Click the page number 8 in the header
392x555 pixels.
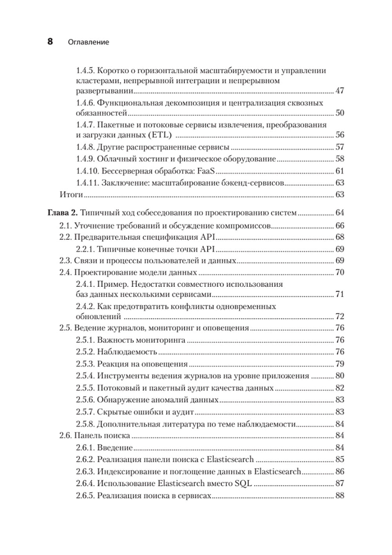[50, 42]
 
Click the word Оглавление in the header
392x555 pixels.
[88, 42]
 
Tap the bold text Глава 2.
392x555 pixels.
[63, 213]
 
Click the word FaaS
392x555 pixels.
[207, 171]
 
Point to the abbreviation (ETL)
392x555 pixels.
[161, 135]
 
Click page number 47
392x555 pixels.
[339, 91]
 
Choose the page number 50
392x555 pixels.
[339, 113]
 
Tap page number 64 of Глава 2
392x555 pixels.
[339, 213]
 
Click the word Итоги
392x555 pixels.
[71, 194]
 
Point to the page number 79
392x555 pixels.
[339, 364]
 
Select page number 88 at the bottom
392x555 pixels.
[339, 496]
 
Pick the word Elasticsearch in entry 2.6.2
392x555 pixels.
[230, 460]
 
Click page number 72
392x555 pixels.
[339, 317]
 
